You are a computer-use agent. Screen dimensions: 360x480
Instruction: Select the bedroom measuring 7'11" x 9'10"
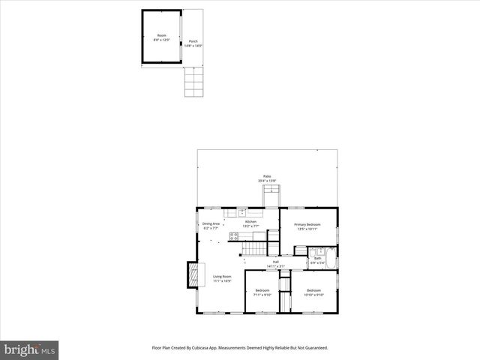[262, 292]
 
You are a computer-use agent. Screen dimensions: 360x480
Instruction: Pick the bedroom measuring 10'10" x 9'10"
[313, 292]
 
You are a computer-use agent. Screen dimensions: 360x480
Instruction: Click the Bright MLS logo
[29, 349]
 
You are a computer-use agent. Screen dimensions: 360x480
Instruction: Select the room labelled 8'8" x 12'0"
[161, 37]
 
